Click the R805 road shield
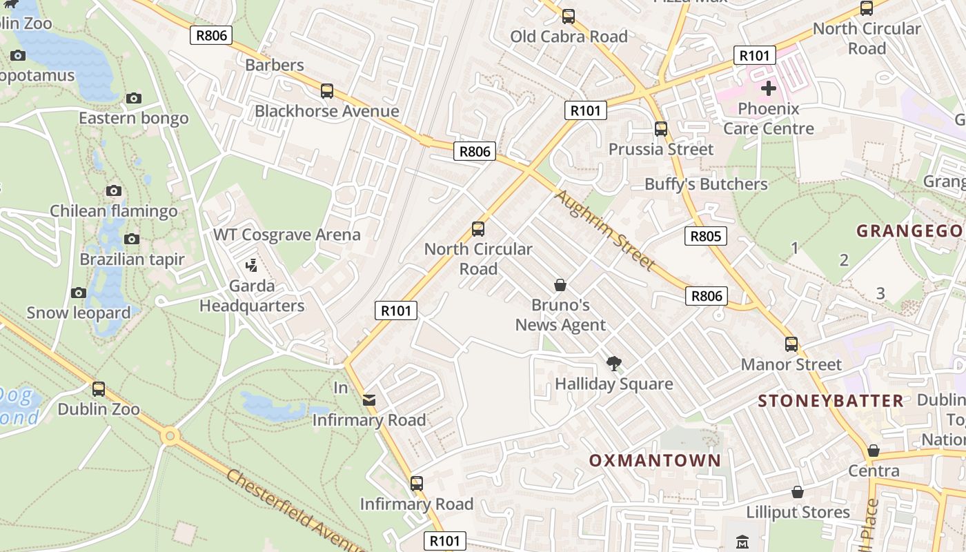click(705, 236)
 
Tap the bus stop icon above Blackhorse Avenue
click(327, 90)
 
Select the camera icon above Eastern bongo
click(134, 98)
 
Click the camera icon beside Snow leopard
click(79, 293)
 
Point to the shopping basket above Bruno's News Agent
click(560, 284)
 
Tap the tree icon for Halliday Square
click(613, 363)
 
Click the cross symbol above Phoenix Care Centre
click(768, 88)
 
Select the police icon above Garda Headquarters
click(252, 265)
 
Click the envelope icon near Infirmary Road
click(369, 400)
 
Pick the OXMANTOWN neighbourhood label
click(655, 460)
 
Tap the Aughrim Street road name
click(604, 230)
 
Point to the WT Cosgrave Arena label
click(286, 235)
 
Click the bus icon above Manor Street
click(791, 344)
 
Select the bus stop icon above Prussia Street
click(661, 128)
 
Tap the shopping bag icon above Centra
click(874, 451)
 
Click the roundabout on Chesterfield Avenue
click(170, 436)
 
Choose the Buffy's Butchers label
click(706, 184)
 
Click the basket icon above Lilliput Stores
click(798, 491)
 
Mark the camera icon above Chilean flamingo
click(114, 190)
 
